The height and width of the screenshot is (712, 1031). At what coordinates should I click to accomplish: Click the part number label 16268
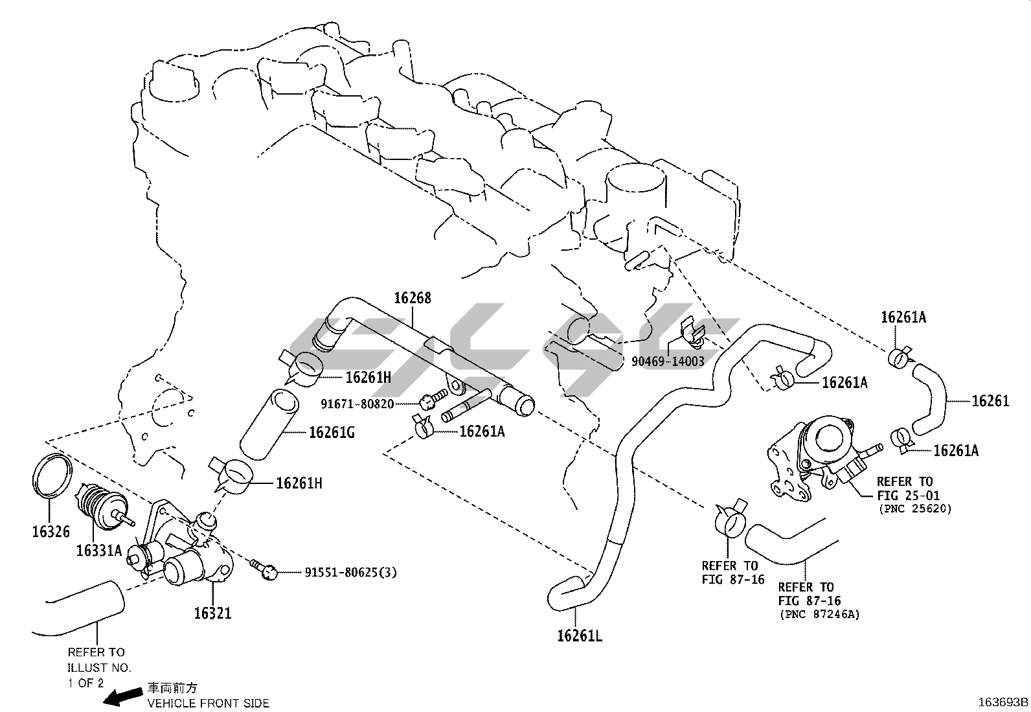(413, 299)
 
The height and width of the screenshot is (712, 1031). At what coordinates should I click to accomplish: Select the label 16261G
(332, 432)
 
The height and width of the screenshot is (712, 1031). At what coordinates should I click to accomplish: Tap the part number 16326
(51, 531)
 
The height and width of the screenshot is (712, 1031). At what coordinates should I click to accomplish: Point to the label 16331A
(98, 551)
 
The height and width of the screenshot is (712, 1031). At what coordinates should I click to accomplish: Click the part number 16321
(212, 612)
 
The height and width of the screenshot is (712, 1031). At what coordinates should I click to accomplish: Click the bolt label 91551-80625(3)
(351, 572)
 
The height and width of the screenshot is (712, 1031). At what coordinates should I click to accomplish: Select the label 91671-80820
(357, 404)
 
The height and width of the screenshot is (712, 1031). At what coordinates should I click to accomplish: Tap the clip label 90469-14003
(668, 362)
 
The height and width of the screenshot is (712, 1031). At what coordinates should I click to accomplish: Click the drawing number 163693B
(1003, 702)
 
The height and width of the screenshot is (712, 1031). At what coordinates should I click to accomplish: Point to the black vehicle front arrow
(123, 696)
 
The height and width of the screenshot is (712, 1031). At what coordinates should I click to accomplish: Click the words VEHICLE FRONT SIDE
(209, 703)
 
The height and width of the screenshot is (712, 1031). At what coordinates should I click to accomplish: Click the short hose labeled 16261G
(268, 425)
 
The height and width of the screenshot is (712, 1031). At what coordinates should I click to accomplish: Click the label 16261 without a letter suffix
(990, 401)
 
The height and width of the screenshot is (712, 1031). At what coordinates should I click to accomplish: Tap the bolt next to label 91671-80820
(433, 398)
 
